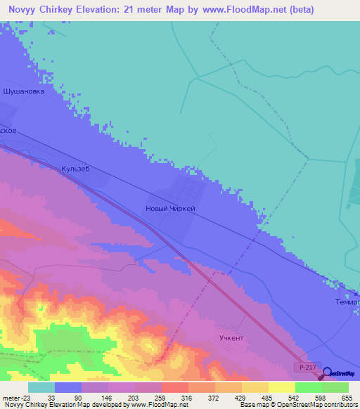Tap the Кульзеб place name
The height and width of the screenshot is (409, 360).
click(x=76, y=169)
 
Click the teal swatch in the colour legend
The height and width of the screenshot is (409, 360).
click(x=41, y=387)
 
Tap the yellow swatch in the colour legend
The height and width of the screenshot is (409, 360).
click(x=281, y=387)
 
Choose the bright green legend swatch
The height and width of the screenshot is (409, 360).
click(x=308, y=387)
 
